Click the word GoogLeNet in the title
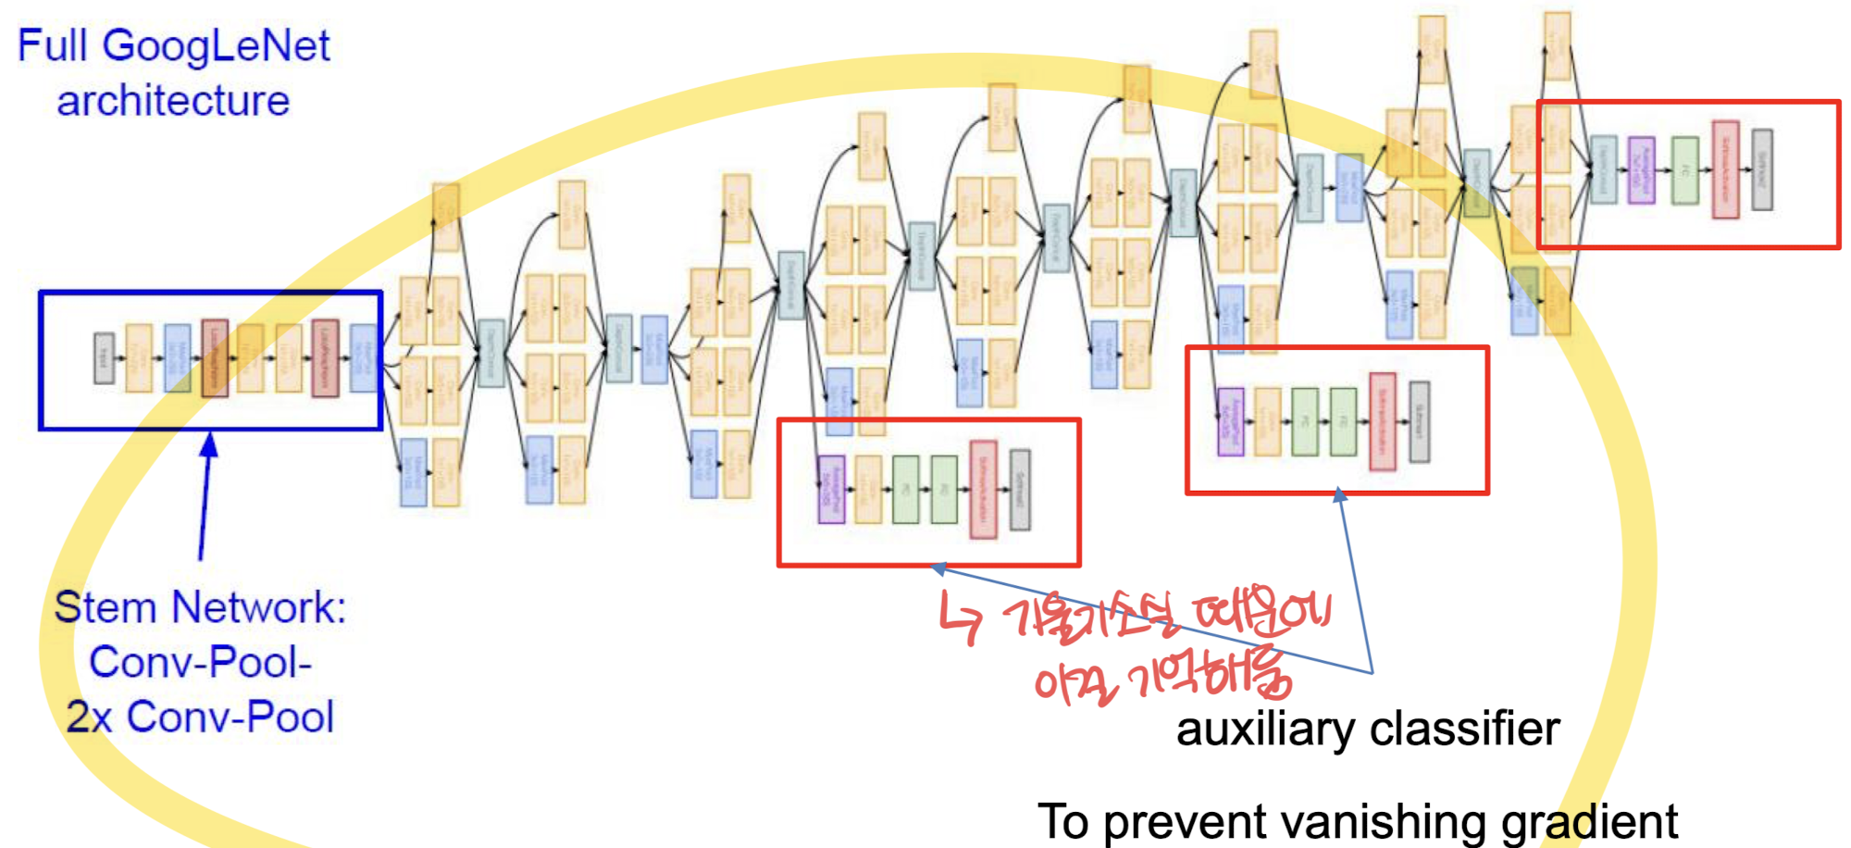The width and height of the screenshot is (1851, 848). pyautogui.click(x=216, y=46)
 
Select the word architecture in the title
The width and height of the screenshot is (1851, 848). pyautogui.click(x=173, y=100)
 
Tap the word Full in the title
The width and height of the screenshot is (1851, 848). pyautogui.click(x=53, y=46)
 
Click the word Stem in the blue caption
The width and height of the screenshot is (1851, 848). pyautogui.click(x=105, y=608)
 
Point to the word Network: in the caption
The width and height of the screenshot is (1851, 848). pyautogui.click(x=258, y=608)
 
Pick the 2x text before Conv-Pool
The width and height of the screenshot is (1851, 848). pyautogui.click(x=89, y=717)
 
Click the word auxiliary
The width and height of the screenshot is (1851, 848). pyautogui.click(x=1265, y=730)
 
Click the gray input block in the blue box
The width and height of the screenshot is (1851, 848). pyautogui.click(x=105, y=358)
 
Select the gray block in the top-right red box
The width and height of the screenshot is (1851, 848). pyautogui.click(x=1762, y=169)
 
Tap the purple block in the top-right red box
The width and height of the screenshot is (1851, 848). pyautogui.click(x=1641, y=169)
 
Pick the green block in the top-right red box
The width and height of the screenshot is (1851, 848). pyautogui.click(x=1685, y=170)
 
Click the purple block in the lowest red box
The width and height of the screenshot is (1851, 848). pyautogui.click(x=831, y=489)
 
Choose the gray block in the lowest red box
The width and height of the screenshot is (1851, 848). pyautogui.click(x=1019, y=489)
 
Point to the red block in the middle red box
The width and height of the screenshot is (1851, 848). pyautogui.click(x=1382, y=421)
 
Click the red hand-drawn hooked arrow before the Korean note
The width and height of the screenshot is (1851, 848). pyautogui.click(x=961, y=617)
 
